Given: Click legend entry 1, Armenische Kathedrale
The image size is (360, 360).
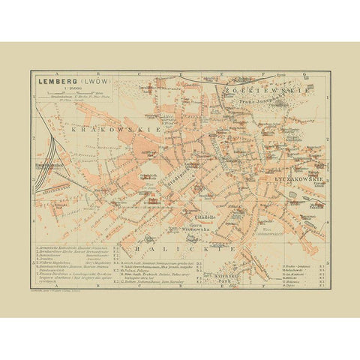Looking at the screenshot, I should click(71, 247).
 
